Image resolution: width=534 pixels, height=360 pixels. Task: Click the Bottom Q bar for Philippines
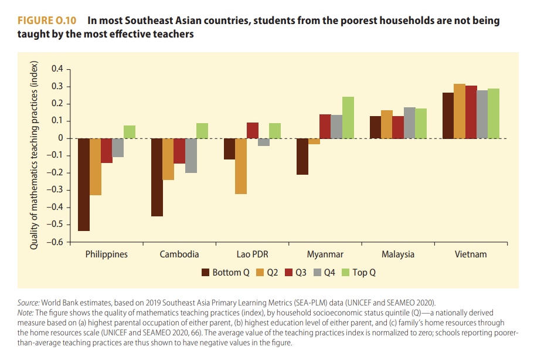84,185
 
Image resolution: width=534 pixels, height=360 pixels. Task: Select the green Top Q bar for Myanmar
348,118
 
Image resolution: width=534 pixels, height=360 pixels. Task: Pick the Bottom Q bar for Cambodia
157,177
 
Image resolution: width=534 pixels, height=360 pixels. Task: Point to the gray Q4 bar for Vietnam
482,114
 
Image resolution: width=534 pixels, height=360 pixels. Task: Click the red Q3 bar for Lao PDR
253,130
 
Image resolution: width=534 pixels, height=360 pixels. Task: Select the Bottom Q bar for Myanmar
302,157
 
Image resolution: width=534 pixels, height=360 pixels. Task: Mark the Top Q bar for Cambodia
202,131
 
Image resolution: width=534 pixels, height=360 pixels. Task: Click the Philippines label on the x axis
106,254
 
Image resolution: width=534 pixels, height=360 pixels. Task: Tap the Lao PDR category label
252,254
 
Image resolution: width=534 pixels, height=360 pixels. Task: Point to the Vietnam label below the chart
471,254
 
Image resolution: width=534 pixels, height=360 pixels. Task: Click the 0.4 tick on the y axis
57,69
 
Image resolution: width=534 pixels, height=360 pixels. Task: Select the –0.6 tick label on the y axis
55,242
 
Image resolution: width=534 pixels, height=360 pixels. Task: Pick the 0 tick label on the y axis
60,138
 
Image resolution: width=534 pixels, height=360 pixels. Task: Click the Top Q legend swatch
346,273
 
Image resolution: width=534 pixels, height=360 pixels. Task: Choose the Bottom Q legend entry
225,273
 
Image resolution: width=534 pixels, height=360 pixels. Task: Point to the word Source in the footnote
29,303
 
